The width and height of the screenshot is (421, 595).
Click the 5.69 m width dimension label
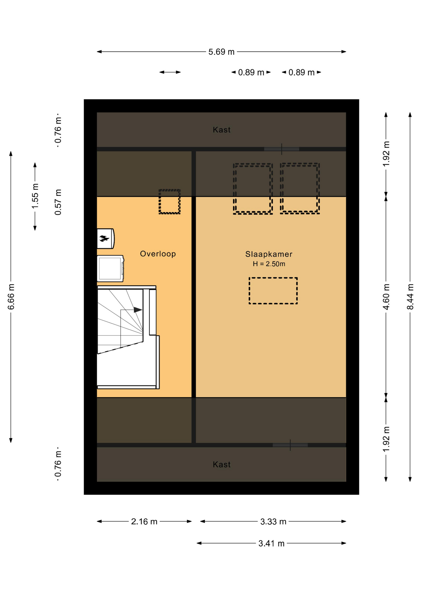(221, 52)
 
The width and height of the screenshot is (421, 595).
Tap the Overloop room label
(158, 254)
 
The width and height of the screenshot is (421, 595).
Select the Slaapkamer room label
(269, 254)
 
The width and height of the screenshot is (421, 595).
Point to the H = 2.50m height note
(269, 264)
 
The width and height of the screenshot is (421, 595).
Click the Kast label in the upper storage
(222, 130)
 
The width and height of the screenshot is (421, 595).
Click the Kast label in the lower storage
(222, 465)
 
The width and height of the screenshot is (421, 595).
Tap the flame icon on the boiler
(104, 238)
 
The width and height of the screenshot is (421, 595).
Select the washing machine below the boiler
(110, 268)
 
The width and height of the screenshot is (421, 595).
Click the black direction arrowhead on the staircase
(138, 310)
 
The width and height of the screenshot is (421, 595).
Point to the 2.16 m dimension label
(144, 522)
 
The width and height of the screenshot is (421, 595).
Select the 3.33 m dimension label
(273, 522)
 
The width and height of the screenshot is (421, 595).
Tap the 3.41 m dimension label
(271, 544)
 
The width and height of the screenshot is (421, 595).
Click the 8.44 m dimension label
(410, 297)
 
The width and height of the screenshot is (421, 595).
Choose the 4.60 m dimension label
(386, 297)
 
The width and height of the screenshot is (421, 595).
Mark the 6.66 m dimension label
(11, 297)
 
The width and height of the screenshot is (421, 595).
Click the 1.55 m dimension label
(35, 196)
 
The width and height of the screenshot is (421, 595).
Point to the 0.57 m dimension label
(58, 202)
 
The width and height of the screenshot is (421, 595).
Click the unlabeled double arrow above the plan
(170, 72)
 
